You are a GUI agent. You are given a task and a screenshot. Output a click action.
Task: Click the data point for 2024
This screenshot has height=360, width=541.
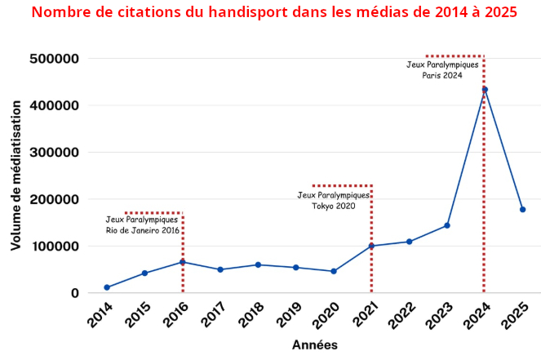pyautogui.click(x=485, y=90)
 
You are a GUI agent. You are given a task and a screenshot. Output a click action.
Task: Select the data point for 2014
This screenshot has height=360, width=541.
pyautogui.click(x=107, y=287)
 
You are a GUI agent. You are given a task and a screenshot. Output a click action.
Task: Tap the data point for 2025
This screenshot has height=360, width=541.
pyautogui.click(x=522, y=210)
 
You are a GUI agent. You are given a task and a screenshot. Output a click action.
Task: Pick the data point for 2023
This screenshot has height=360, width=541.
pyautogui.click(x=447, y=225)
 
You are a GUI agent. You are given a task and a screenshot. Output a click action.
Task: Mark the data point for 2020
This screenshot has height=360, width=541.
pyautogui.click(x=334, y=271)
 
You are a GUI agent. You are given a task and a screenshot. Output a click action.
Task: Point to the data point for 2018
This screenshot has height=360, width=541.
pyautogui.click(x=258, y=264)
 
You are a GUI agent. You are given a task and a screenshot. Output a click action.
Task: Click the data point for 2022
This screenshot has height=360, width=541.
pyautogui.click(x=409, y=242)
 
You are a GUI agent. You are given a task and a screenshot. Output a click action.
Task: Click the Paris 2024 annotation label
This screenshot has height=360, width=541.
pyautogui.click(x=442, y=69)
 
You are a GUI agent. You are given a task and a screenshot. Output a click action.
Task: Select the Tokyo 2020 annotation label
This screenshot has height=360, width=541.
pyautogui.click(x=334, y=201)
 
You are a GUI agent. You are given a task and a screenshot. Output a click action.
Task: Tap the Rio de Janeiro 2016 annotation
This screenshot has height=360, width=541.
pyautogui.click(x=143, y=224)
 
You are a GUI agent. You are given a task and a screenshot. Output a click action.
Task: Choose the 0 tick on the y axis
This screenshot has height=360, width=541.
pyautogui.click(x=74, y=293)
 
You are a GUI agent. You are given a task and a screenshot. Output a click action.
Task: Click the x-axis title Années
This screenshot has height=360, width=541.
pyautogui.click(x=315, y=345)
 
